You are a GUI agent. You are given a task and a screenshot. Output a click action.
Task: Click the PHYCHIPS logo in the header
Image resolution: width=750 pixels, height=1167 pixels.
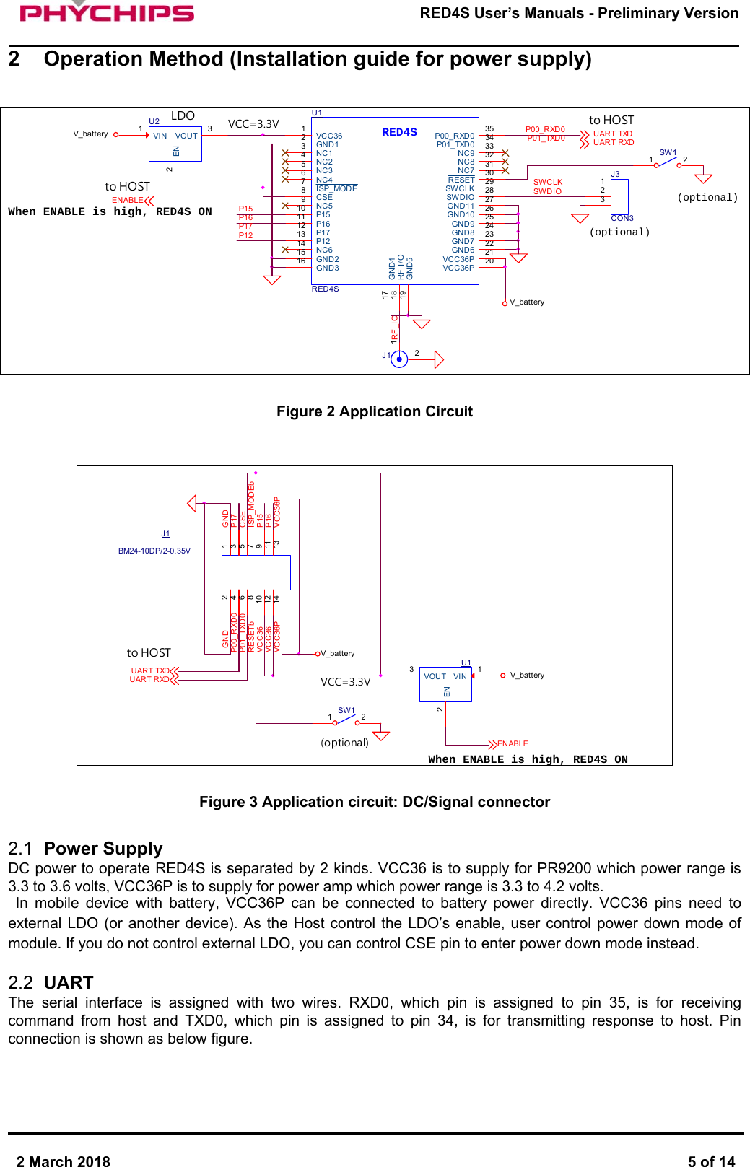[107, 12]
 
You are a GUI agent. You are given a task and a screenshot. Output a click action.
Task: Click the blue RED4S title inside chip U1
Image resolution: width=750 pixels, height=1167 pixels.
[399, 132]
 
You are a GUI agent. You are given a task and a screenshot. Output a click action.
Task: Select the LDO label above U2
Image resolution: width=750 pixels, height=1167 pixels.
[183, 115]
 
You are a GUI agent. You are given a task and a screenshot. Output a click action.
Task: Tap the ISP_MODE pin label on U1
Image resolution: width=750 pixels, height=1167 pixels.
[336, 188]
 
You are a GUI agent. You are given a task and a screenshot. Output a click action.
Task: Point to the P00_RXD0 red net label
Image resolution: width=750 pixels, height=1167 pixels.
[545, 129]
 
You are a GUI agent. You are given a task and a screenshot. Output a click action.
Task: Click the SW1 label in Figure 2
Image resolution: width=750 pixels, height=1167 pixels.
[668, 152]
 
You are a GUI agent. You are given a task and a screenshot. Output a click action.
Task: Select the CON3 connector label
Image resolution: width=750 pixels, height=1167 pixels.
[622, 218]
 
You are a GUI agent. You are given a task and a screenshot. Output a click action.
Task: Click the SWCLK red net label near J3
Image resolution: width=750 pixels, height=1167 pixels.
[548, 182]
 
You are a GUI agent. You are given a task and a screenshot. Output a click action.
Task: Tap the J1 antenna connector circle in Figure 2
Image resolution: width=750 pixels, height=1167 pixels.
[399, 359]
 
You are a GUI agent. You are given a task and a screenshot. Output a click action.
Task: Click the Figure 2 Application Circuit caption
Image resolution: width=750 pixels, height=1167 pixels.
[374, 411]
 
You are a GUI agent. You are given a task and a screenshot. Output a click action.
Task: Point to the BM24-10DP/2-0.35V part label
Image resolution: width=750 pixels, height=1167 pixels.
[154, 551]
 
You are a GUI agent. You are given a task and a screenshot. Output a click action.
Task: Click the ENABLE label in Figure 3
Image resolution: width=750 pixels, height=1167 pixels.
[513, 743]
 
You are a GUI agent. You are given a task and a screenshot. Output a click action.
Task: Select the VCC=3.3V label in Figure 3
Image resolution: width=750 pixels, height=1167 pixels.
[345, 682]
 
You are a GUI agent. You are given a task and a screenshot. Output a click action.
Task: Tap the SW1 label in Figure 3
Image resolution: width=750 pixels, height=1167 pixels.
[346, 710]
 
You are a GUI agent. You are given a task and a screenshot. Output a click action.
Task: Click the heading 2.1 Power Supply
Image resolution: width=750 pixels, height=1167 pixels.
[85, 848]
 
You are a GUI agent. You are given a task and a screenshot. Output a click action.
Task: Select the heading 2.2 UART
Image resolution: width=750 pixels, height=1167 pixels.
[51, 982]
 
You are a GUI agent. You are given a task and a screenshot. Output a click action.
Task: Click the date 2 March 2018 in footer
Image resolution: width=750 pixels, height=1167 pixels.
[64, 1161]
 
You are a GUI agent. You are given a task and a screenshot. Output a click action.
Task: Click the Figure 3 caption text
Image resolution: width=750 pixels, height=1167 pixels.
[374, 802]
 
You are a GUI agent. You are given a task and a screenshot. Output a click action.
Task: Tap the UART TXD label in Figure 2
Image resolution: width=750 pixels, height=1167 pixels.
[612, 134]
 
